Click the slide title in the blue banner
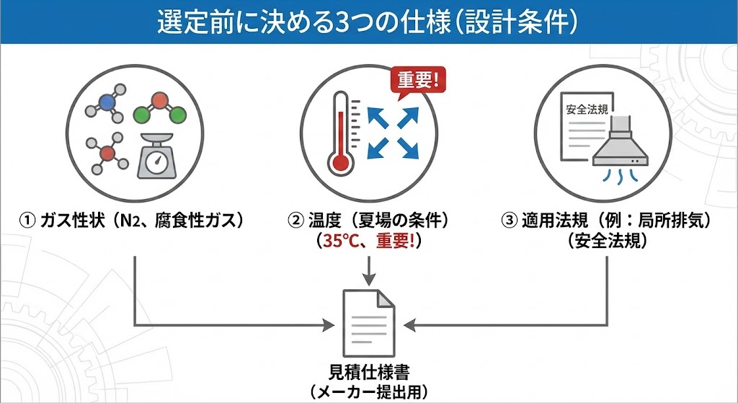368,22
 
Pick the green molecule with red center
160,108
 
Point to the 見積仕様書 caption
368,373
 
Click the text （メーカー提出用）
368,392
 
